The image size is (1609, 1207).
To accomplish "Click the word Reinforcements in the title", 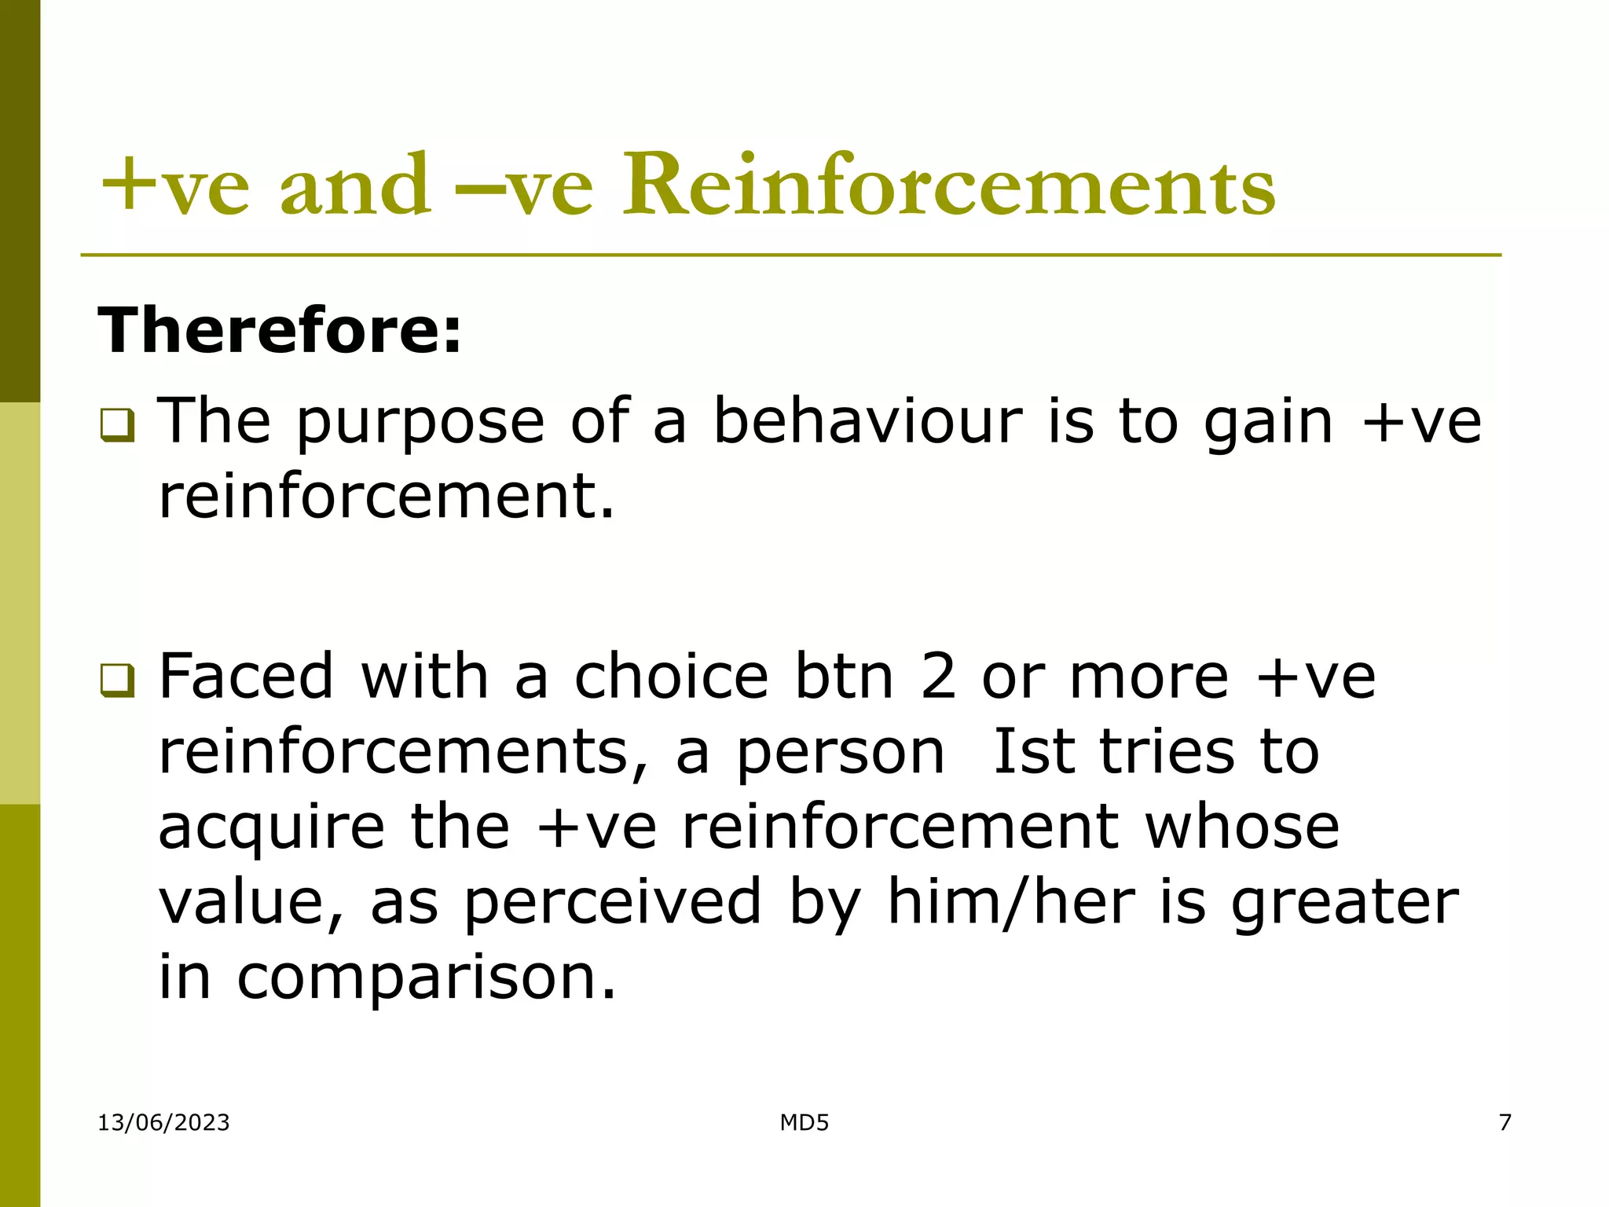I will point(949,187).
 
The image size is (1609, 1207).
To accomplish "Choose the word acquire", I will point(272,828).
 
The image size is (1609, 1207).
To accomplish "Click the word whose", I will point(1241,827).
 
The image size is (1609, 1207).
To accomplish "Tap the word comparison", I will point(426,978).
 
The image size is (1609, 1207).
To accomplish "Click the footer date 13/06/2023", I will point(163,1122).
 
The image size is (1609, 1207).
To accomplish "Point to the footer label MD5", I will point(804,1122).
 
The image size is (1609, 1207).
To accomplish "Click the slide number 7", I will point(1505,1122).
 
